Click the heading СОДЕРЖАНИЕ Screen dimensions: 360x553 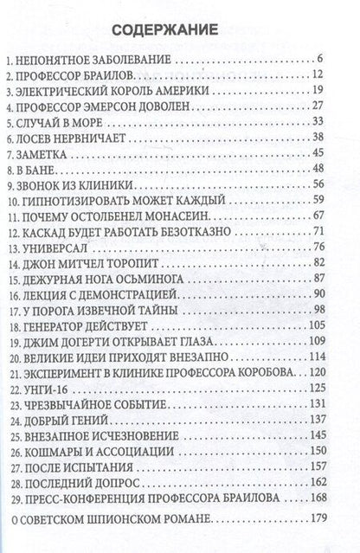180,30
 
